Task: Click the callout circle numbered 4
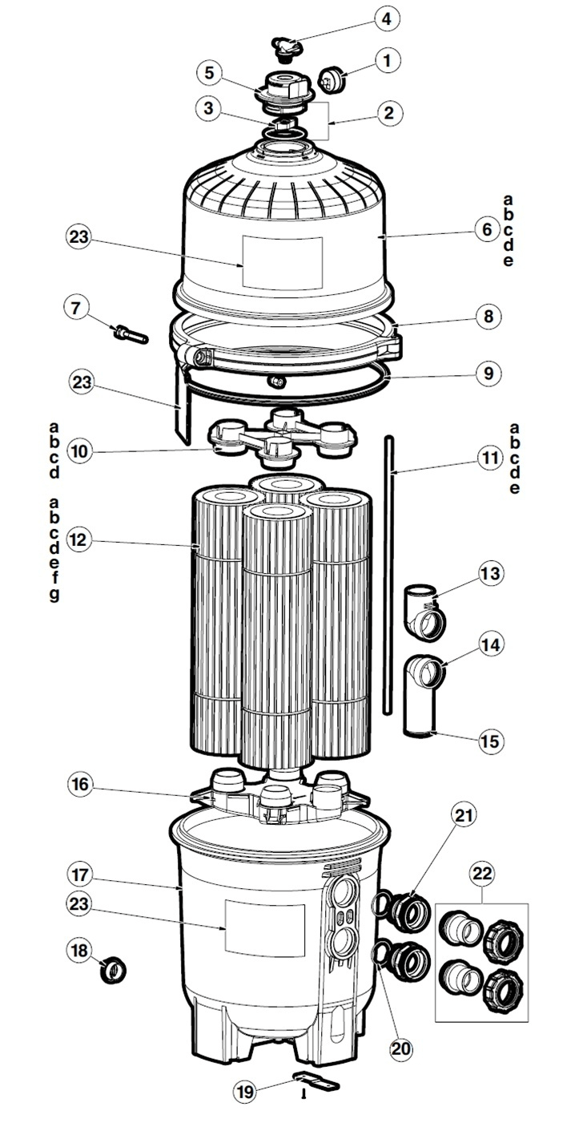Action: [x=388, y=18]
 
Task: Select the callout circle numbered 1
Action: [x=387, y=59]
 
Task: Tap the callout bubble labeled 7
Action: [x=76, y=307]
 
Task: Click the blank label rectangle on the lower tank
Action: [x=264, y=929]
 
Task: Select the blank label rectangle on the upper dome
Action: [x=282, y=263]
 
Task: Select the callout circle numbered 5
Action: [x=210, y=73]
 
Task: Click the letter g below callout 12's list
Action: [x=54, y=595]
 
